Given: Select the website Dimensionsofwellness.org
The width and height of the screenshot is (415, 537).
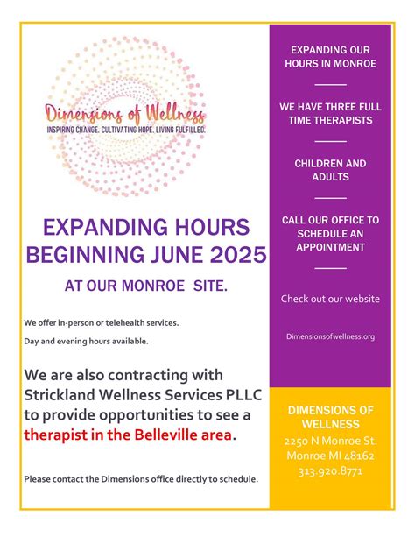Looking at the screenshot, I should coord(331,336).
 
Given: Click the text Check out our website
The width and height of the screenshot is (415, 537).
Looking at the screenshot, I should coord(331,299).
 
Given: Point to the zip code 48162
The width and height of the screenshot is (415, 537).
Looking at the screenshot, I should coord(356,456).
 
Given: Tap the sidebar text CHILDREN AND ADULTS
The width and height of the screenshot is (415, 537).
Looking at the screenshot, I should coord(331,170).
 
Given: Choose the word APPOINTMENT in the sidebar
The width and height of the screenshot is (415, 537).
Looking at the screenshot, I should coord(331,247).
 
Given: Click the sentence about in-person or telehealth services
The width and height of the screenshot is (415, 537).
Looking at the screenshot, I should coord(101,322).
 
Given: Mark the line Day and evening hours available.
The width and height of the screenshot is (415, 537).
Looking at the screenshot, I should coord(86,341).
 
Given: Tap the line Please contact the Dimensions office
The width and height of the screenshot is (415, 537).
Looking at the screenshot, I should coord(141,479).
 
